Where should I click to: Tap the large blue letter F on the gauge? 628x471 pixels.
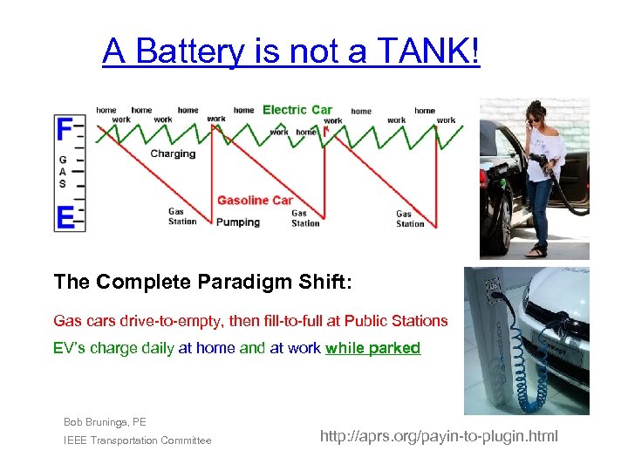click(65, 129)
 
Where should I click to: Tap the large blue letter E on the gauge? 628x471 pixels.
click(65, 217)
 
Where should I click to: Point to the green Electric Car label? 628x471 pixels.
click(297, 110)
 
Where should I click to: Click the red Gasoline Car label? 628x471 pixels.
click(255, 201)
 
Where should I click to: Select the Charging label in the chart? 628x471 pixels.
click(173, 154)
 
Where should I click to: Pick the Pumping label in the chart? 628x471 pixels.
click(238, 222)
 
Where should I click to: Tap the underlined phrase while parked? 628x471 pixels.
click(372, 349)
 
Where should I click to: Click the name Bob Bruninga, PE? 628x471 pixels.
click(105, 422)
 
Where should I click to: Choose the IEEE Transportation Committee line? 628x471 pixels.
click(137, 441)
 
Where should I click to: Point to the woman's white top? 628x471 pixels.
click(545, 157)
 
